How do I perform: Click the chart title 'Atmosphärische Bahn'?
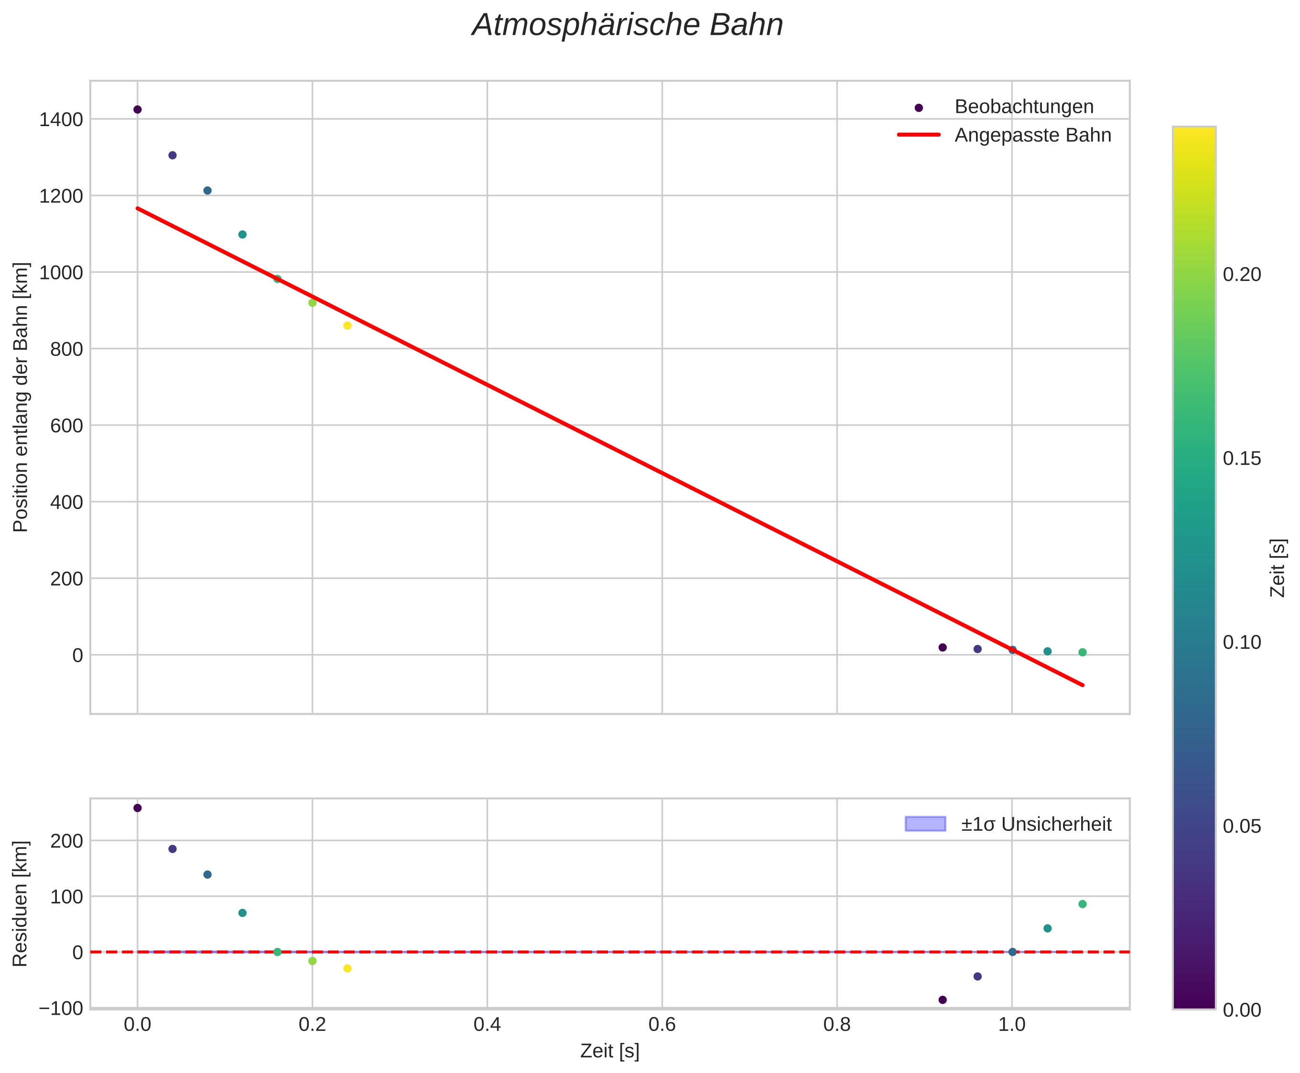pyautogui.click(x=627, y=26)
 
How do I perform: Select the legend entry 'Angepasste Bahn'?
pyautogui.click(x=1032, y=135)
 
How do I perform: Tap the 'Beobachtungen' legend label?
pyautogui.click(x=1024, y=107)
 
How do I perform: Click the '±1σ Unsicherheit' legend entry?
pyautogui.click(x=1036, y=824)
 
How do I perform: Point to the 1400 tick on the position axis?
pyautogui.click(x=61, y=119)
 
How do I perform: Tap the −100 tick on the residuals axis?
pyautogui.click(x=61, y=1008)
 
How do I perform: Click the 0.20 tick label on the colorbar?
pyautogui.click(x=1241, y=274)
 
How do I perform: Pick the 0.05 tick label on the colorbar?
pyautogui.click(x=1241, y=826)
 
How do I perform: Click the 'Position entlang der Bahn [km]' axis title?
pyautogui.click(x=21, y=397)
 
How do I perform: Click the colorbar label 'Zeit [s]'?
pyautogui.click(x=1277, y=568)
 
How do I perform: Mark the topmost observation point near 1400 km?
pyautogui.click(x=137, y=109)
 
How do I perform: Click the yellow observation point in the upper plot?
pyautogui.click(x=347, y=326)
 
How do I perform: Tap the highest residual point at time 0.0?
pyautogui.click(x=137, y=808)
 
